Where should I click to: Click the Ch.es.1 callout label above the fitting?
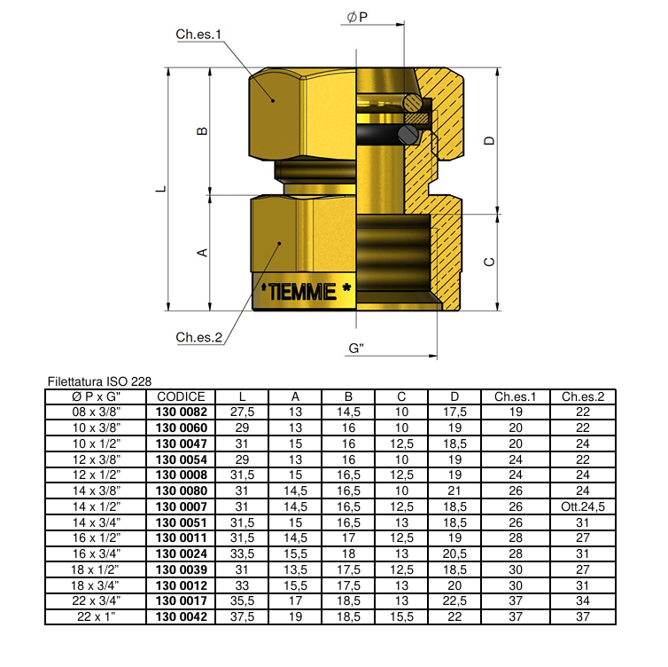tap(198, 35)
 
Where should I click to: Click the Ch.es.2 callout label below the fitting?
tap(198, 337)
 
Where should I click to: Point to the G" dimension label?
tap(358, 349)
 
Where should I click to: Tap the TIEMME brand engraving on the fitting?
tap(302, 291)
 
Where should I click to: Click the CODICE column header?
tap(181, 397)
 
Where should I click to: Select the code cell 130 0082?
tap(181, 413)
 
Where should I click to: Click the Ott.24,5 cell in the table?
tap(582, 506)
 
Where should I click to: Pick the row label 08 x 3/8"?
tap(97, 413)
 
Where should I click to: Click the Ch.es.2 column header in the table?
tap(582, 397)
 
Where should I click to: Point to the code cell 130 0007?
tap(181, 506)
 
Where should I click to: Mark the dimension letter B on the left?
tap(202, 131)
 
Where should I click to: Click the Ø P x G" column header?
tap(97, 397)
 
